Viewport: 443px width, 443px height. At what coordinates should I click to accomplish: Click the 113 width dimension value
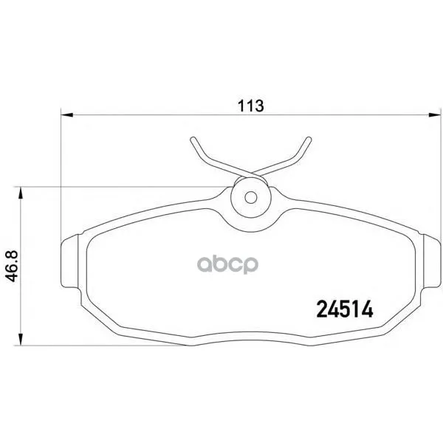[x=250, y=106]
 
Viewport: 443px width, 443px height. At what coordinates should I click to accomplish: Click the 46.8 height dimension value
[x=12, y=266]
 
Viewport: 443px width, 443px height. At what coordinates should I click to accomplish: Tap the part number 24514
[x=345, y=309]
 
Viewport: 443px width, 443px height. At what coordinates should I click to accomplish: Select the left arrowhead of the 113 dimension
[x=67, y=115]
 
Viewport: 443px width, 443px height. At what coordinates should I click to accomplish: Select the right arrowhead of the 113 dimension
[x=435, y=115]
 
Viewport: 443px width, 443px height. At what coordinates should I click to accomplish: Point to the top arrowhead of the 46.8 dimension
[x=20, y=193]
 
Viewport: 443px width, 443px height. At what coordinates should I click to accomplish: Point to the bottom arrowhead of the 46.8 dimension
[x=20, y=339]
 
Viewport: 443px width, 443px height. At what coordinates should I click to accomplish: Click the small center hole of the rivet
[x=250, y=197]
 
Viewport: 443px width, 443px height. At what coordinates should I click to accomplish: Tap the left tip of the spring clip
[x=193, y=140]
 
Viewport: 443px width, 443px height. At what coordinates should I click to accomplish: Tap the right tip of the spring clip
[x=309, y=140]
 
